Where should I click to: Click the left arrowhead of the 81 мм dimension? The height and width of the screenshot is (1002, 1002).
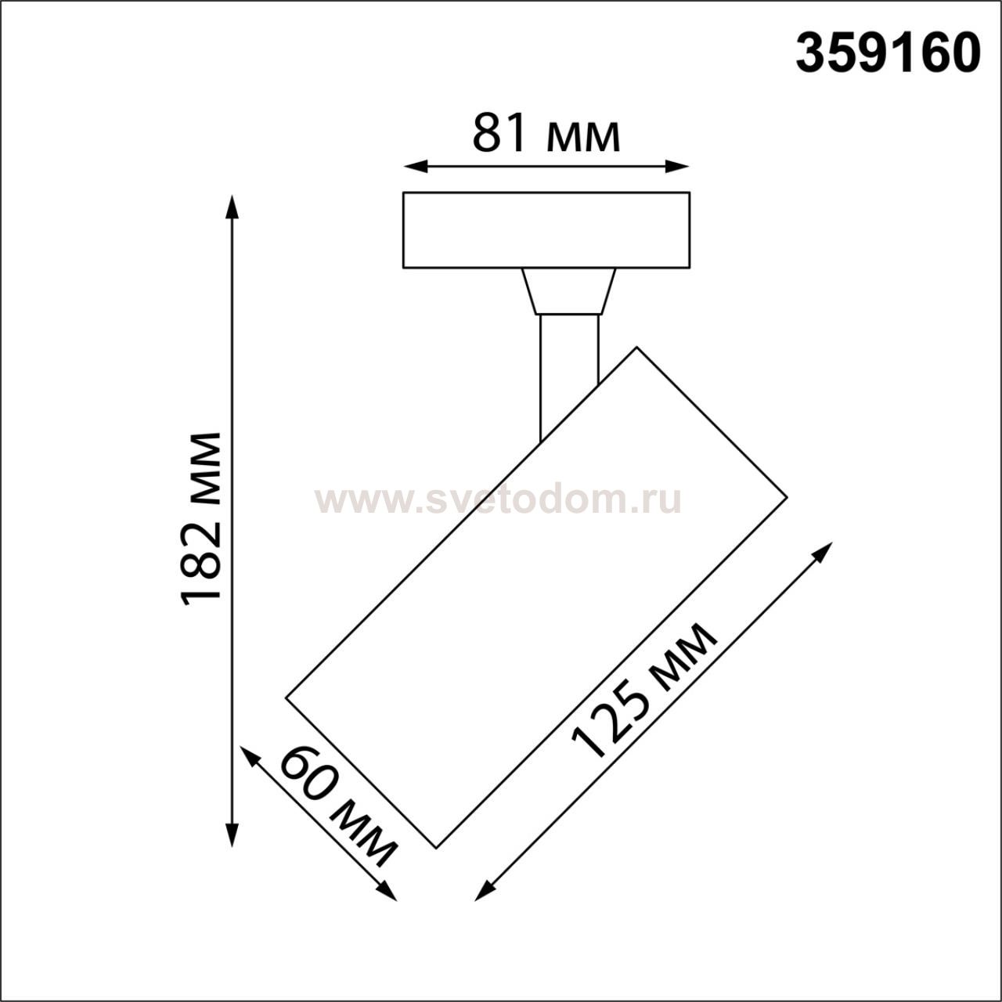tap(415, 167)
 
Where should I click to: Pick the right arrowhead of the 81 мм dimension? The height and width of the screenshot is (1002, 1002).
tap(678, 167)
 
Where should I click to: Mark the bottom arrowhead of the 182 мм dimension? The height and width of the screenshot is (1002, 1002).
tap(232, 835)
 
